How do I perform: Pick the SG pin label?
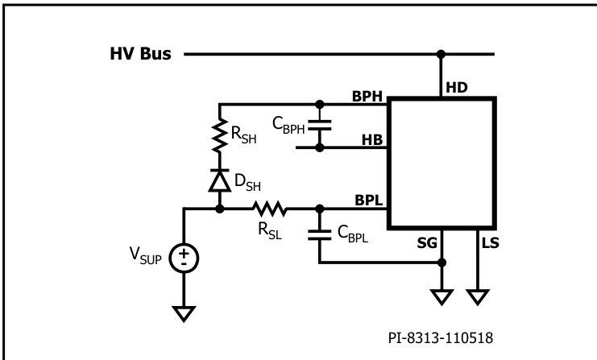429,242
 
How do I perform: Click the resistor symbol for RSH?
218,135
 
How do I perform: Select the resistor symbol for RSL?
269,209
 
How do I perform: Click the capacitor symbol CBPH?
319,126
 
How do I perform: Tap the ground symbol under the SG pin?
442,296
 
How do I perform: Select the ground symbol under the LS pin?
479,296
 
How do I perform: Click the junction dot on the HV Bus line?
441,56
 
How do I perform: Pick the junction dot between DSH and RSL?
218,209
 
